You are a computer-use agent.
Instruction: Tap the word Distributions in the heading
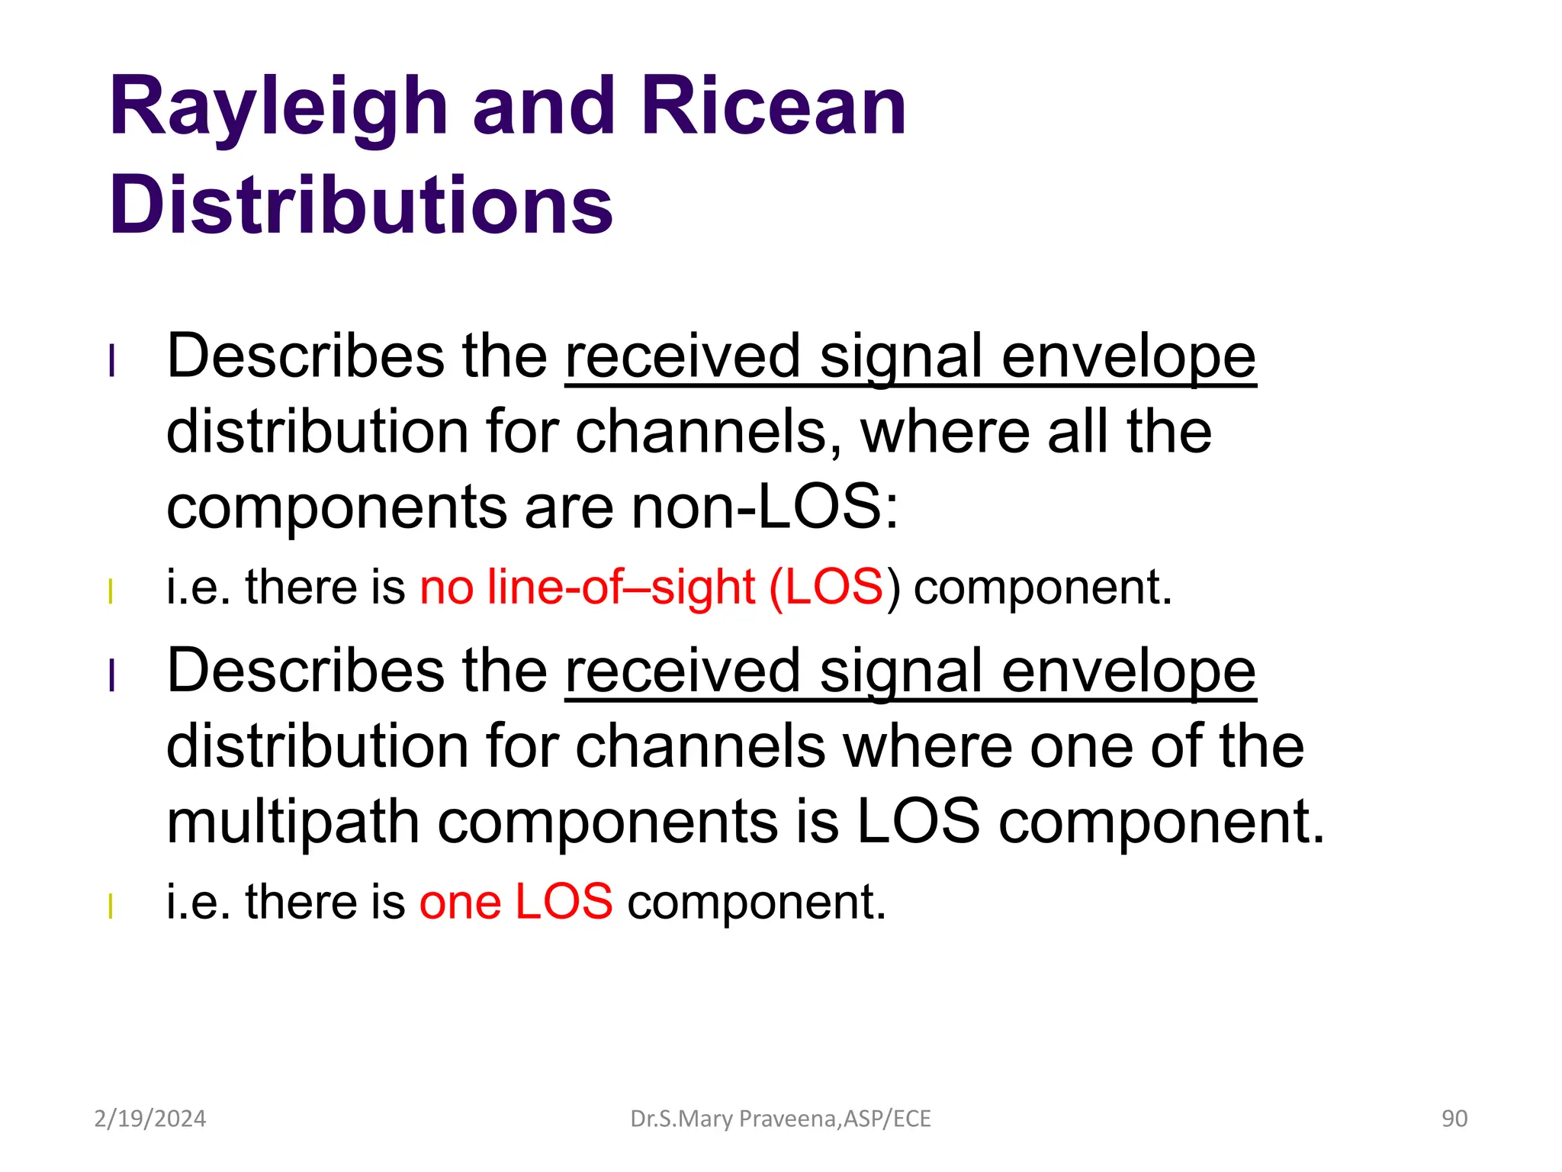[361, 204]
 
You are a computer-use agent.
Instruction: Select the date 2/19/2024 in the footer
[149, 1119]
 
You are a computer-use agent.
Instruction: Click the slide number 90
[1454, 1119]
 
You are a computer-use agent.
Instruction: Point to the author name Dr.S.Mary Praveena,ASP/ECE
[780, 1119]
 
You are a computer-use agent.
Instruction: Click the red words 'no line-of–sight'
[587, 587]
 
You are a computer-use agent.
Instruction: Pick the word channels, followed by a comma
[709, 432]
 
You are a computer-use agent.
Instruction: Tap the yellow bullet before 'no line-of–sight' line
[111, 591]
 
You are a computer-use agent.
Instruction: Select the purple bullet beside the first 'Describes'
[112, 361]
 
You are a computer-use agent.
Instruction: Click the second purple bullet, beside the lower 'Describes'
[112, 675]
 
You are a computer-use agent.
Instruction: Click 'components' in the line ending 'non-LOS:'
[336, 508]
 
